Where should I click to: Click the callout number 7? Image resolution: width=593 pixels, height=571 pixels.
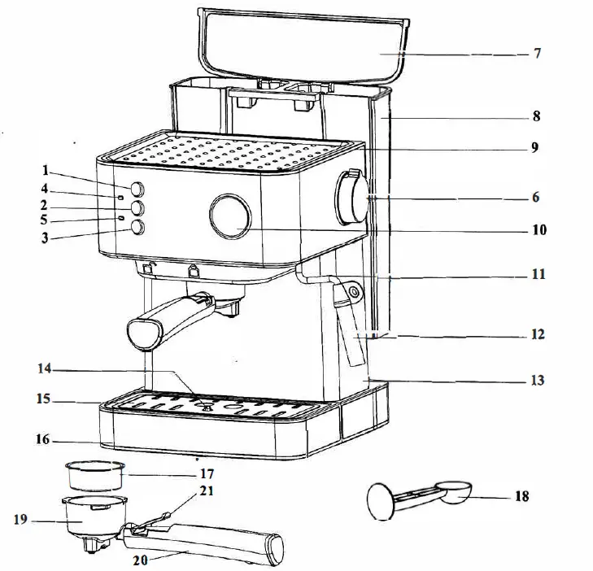click(537, 54)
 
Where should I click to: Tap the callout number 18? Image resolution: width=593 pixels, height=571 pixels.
click(521, 496)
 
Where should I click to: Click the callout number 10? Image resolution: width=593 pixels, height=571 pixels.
click(538, 230)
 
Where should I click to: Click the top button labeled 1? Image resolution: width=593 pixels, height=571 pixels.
click(137, 187)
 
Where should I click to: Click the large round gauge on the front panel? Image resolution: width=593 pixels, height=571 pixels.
click(230, 216)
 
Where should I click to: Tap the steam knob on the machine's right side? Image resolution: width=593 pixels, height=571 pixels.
click(352, 197)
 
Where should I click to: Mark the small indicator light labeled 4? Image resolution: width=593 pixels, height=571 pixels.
click(120, 197)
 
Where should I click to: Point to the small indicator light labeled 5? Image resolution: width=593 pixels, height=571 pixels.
click(120, 218)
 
